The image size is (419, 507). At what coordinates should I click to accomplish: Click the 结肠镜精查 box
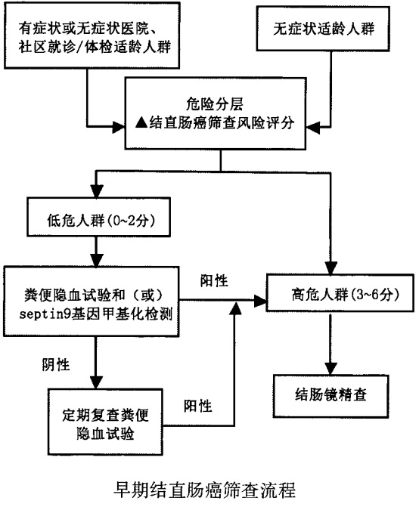coord(327,394)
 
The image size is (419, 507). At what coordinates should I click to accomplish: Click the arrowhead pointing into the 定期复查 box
coord(95,384)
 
